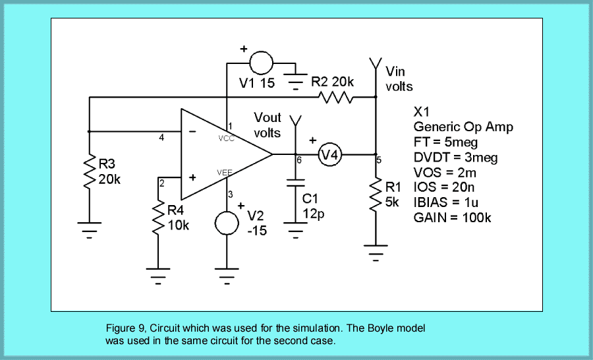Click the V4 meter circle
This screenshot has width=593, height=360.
pyautogui.click(x=329, y=155)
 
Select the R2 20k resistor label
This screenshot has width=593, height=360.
pyautogui.click(x=333, y=82)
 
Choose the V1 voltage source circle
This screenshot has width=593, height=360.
pyautogui.click(x=261, y=64)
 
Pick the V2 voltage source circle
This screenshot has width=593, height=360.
pyautogui.click(x=227, y=223)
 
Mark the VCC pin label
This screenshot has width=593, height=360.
pyautogui.click(x=226, y=139)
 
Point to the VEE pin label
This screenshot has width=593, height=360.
pyautogui.click(x=225, y=172)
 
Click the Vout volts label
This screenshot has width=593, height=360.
pyautogui.click(x=268, y=125)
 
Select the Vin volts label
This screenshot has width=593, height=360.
pyautogui.click(x=399, y=78)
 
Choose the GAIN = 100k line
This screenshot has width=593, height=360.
pyautogui.click(x=452, y=218)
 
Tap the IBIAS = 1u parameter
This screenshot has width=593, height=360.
pyautogui.click(x=448, y=202)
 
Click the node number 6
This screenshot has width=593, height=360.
pyautogui.click(x=299, y=160)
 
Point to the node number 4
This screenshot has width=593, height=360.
pyautogui.click(x=161, y=138)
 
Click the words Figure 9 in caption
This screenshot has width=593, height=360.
pyautogui.click(x=125, y=328)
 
